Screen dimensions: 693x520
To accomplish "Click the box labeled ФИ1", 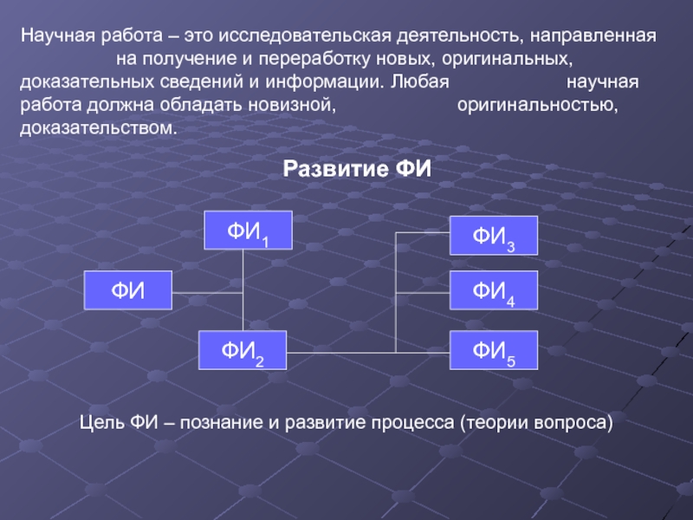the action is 248,231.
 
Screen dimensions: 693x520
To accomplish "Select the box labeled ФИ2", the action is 243,350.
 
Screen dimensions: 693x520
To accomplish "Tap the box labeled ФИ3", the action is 494,235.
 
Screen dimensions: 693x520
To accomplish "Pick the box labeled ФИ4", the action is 494,290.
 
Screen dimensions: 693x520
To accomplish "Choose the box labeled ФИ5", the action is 494,350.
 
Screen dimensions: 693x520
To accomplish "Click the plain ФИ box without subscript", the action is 127,290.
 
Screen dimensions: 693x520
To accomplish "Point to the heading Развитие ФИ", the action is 357,168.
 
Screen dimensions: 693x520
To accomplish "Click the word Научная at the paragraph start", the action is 55,39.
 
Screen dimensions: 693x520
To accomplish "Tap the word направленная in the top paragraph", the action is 593,39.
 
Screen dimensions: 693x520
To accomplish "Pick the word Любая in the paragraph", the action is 420,84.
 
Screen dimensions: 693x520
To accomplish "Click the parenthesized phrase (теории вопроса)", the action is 536,423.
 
